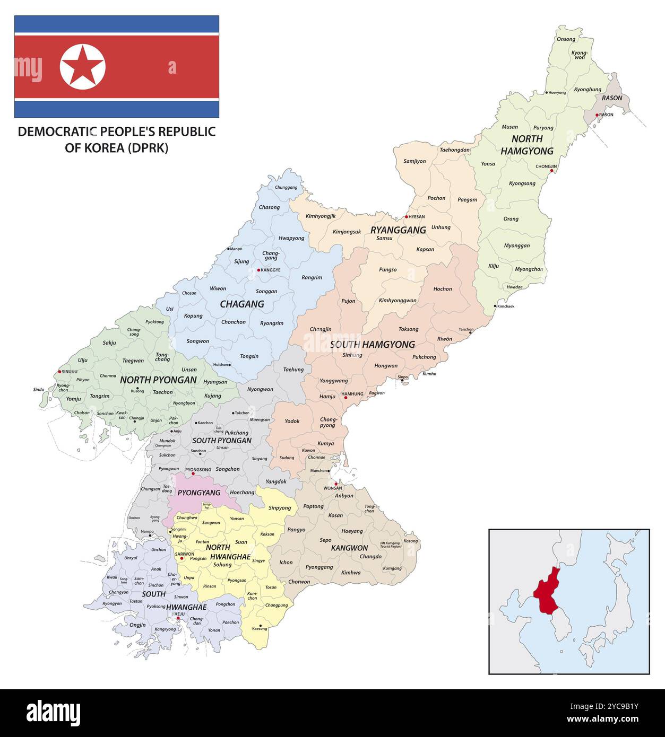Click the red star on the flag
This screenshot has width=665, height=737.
[x=82, y=67]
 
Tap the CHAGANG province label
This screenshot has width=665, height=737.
[x=242, y=304]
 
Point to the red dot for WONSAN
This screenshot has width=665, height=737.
[x=336, y=484]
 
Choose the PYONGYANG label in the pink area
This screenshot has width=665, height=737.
[x=199, y=493]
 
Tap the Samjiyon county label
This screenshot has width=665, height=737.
[x=414, y=161]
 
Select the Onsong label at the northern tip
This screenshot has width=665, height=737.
[x=566, y=39]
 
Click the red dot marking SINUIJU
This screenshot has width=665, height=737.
[x=59, y=372]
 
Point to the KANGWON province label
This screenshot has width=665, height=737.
[x=349, y=548]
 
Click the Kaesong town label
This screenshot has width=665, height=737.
[x=260, y=628]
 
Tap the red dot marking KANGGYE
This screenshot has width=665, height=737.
[x=258, y=270]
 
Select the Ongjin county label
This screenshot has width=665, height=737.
[x=137, y=625]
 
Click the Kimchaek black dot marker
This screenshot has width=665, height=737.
[x=495, y=306]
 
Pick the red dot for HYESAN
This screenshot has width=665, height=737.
[x=407, y=216]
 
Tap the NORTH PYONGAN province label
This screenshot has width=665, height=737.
[x=158, y=380]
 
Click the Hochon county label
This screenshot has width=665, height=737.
[x=443, y=289]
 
